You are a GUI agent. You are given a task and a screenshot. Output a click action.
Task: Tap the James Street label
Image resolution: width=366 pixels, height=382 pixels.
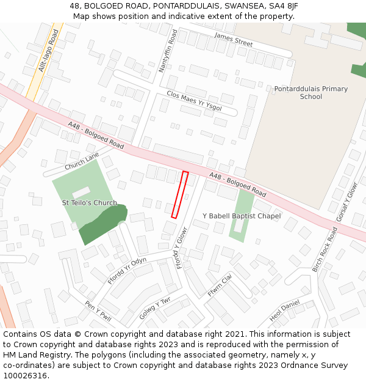[233, 40]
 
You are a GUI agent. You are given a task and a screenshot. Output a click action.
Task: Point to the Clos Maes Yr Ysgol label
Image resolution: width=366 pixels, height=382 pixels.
[194, 101]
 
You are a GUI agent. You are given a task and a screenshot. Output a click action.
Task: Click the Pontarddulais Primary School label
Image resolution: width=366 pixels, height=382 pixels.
[311, 92]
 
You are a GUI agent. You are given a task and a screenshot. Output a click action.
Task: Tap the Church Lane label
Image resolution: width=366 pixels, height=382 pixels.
[82, 161]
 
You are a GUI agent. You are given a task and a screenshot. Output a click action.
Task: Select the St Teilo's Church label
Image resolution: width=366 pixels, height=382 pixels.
[90, 203]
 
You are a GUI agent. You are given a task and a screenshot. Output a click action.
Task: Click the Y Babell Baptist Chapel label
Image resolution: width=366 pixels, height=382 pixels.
[242, 216]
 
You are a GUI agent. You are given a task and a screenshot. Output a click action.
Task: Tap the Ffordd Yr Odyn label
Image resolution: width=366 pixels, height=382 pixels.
[127, 270]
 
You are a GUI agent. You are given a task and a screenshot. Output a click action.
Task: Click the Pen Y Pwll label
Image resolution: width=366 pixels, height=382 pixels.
[98, 310]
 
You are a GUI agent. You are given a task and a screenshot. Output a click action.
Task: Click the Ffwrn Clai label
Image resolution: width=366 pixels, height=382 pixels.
[220, 285]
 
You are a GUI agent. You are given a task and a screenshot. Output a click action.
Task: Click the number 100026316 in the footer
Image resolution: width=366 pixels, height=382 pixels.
[26, 375]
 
